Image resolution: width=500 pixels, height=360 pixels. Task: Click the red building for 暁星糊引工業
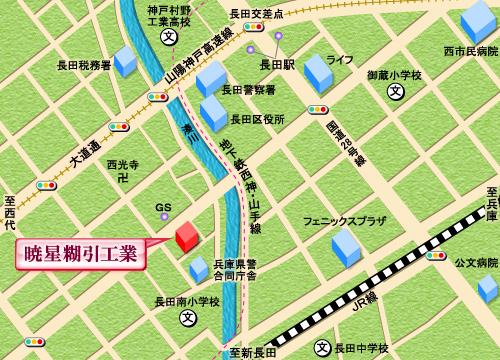[x=187, y=236]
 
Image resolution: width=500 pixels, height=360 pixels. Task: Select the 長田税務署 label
[x=83, y=66]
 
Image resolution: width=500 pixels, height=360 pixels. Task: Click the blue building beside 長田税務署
[x=125, y=61]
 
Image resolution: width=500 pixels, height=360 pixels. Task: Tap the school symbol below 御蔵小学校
[x=397, y=92]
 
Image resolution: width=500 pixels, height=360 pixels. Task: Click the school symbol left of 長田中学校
[x=322, y=348]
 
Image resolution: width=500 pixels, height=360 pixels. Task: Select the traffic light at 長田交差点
[x=253, y=27]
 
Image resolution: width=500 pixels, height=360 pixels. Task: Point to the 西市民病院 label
[x=470, y=50]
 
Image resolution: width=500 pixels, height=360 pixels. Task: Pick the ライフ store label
[x=340, y=60]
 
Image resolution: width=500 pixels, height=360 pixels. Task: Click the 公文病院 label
[x=476, y=262]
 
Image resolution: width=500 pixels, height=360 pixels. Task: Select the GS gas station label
[x=164, y=209]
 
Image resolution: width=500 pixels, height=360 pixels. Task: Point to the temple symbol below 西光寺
[x=122, y=178]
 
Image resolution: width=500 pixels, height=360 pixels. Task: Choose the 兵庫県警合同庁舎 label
[x=235, y=270]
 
